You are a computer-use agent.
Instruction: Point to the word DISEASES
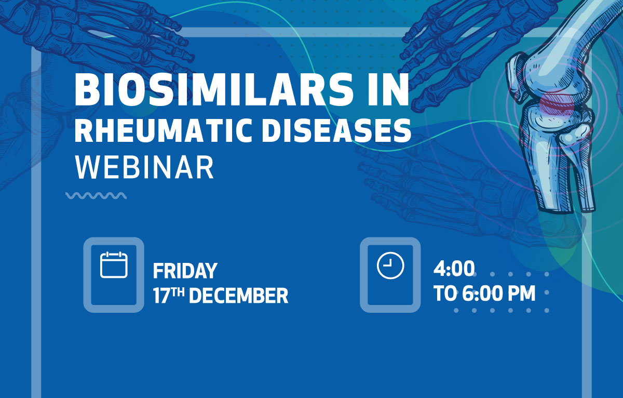[x=336, y=130]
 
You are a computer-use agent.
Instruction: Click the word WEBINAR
[x=144, y=167]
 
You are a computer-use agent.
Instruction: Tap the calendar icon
[x=114, y=264]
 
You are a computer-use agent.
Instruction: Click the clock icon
[x=390, y=265]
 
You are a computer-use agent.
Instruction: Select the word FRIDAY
[x=185, y=271]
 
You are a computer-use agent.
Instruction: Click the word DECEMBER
[x=239, y=296]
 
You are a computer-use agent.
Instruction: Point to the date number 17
[x=161, y=296]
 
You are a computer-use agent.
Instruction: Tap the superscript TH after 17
[x=178, y=292]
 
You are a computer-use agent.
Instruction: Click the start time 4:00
[x=454, y=269]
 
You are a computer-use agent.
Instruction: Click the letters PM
[x=521, y=294]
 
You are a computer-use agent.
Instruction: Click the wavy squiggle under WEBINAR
[x=96, y=196]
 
